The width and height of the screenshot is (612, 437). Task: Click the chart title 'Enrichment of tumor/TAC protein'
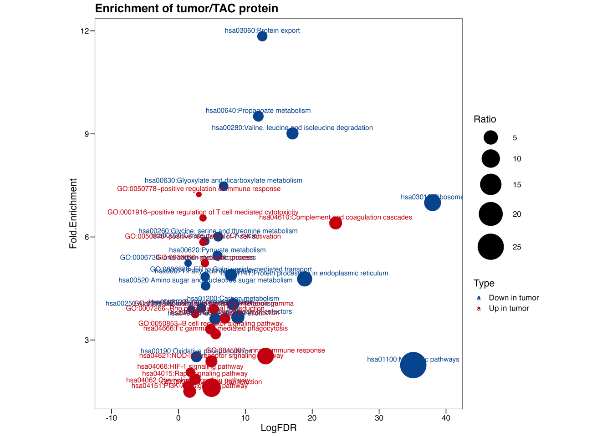(x=186, y=9)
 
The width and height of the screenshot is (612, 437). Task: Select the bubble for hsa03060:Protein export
(x=262, y=36)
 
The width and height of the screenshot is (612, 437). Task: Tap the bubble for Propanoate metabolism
(x=258, y=116)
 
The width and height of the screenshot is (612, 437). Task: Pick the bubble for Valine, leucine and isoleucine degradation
(x=292, y=133)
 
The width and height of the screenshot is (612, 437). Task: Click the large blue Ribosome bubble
(x=432, y=203)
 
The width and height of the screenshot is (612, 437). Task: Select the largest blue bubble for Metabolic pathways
(x=413, y=365)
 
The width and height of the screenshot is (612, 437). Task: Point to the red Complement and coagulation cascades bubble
(x=336, y=223)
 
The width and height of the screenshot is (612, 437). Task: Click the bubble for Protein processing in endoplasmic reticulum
(x=305, y=279)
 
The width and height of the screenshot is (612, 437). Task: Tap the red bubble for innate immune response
(x=265, y=356)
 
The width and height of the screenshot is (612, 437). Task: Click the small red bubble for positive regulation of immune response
(x=199, y=194)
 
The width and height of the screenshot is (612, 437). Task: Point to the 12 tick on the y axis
(x=85, y=31)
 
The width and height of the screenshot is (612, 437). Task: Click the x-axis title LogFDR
(x=278, y=428)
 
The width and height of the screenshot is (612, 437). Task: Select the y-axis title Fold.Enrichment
(x=73, y=213)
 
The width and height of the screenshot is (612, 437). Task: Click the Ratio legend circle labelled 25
(x=490, y=247)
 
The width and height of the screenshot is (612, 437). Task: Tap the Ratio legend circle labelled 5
(x=490, y=137)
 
